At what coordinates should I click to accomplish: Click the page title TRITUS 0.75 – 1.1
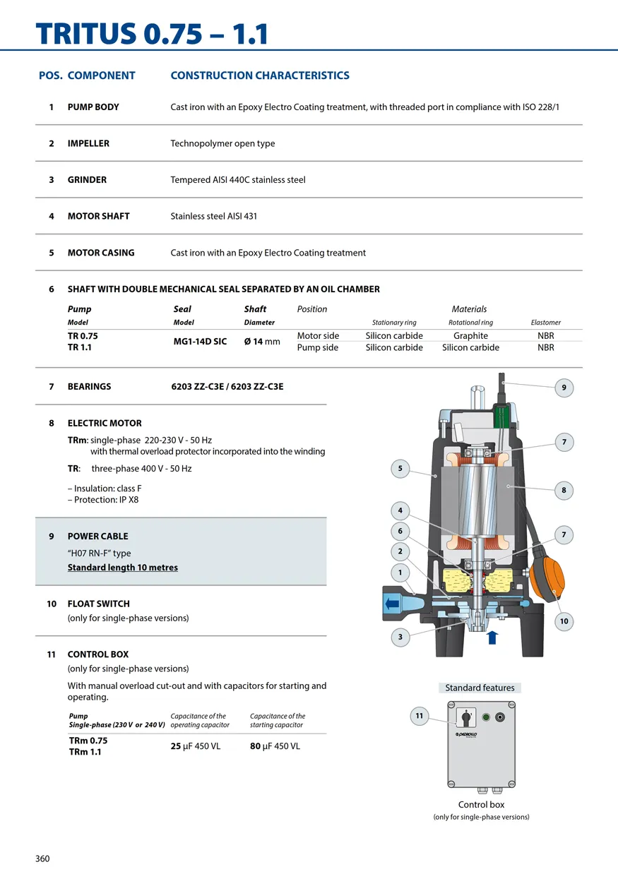point(152,34)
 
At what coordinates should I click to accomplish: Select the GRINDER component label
point(87,180)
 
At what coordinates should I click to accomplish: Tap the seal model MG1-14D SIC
point(200,342)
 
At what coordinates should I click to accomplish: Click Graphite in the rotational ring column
point(470,335)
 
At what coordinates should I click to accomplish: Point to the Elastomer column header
point(545,323)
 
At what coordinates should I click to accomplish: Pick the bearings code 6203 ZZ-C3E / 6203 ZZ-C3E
point(227,386)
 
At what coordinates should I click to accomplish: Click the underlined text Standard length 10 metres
point(123,568)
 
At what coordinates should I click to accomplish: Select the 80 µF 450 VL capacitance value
point(275,746)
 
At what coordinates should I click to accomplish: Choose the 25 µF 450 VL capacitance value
point(195,746)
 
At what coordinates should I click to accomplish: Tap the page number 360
point(42,858)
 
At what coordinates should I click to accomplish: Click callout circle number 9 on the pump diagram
point(564,388)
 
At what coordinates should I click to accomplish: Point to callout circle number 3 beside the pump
point(400,637)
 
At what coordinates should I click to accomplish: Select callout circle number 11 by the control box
point(420,716)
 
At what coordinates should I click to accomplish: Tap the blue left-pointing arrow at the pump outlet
point(392,604)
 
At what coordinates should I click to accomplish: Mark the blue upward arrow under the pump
point(492,637)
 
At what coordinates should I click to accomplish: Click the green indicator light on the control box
point(486,717)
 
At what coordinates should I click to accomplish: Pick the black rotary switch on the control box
point(465,717)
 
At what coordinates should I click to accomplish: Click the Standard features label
point(480,688)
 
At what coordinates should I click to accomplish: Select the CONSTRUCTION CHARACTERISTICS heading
point(260,76)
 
